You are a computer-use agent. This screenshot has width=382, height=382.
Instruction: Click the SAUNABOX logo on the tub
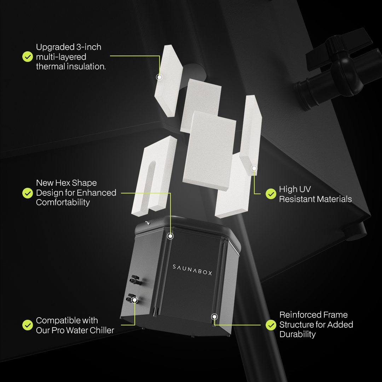pyautogui.click(x=192, y=270)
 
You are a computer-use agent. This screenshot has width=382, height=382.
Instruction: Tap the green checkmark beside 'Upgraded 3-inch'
pyautogui.click(x=28, y=57)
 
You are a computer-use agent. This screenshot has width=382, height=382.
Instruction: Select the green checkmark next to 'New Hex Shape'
pyautogui.click(x=28, y=193)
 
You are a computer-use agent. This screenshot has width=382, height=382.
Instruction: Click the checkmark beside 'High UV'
pyautogui.click(x=271, y=194)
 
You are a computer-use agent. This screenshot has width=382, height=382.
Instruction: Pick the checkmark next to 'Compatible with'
pyautogui.click(x=28, y=325)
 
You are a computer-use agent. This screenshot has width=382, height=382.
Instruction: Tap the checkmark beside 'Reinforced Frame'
pyautogui.click(x=271, y=325)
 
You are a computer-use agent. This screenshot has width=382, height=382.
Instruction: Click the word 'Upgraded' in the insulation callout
pyautogui.click(x=55, y=47)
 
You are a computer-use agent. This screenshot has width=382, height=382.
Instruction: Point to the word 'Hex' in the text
pyautogui.click(x=64, y=183)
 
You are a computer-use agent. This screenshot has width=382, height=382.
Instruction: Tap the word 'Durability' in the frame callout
pyautogui.click(x=297, y=335)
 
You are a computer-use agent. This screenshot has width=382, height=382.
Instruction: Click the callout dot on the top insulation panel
pyautogui.click(x=159, y=77)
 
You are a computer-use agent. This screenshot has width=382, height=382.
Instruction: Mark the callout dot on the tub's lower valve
pyautogui.click(x=135, y=300)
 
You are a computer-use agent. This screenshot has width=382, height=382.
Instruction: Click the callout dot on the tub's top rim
pyautogui.click(x=170, y=236)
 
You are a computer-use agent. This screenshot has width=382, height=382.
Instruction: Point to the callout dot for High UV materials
pyautogui.click(x=254, y=168)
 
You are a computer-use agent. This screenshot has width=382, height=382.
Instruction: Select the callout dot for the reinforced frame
pyautogui.click(x=214, y=317)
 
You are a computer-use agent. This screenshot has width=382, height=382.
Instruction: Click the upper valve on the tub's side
pyautogui.click(x=135, y=280)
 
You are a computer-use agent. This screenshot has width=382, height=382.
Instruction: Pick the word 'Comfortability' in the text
pyautogui.click(x=63, y=203)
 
